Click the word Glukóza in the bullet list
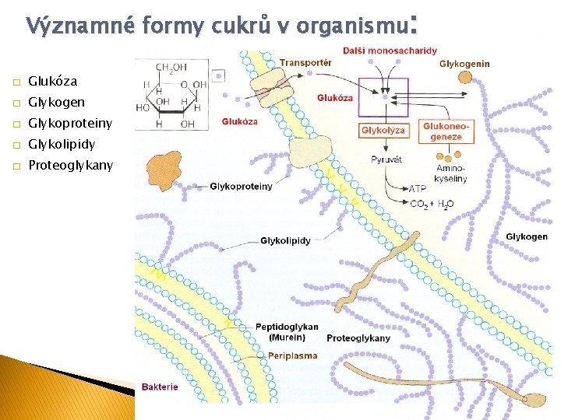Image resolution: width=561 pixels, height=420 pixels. pyautogui.click(x=52, y=81)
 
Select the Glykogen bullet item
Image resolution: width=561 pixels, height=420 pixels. pyautogui.click(x=56, y=102)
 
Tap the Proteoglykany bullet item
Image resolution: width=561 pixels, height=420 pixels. pyautogui.click(x=70, y=165)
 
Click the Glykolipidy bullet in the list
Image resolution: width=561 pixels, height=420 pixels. pyautogui.click(x=62, y=144)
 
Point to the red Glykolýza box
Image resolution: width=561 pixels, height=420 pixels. pyautogui.click(x=383, y=131)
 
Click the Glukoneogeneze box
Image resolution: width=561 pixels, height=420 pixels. pyautogui.click(x=443, y=131)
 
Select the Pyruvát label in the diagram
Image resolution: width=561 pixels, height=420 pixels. pyautogui.click(x=386, y=159)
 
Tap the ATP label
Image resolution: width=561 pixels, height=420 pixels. pyautogui.click(x=418, y=189)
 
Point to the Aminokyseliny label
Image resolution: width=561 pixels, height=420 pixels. pyautogui.click(x=451, y=173)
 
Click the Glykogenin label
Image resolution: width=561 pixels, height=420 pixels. pyautogui.click(x=464, y=64)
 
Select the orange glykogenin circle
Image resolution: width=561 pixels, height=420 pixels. pyautogui.click(x=467, y=77)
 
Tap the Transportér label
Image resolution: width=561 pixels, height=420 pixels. pyautogui.click(x=305, y=62)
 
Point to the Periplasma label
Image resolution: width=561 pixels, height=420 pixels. pyautogui.click(x=292, y=355)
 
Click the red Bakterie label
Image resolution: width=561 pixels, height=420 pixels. pyautogui.click(x=160, y=387)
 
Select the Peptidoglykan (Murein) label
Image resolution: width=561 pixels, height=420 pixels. pyautogui.click(x=287, y=331)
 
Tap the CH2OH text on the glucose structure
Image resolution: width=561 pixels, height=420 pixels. pyautogui.click(x=171, y=68)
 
